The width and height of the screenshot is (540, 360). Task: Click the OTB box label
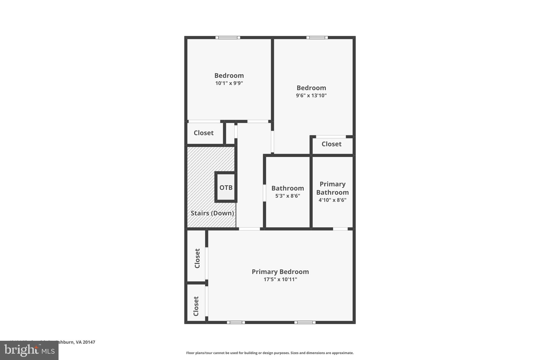point(226,188)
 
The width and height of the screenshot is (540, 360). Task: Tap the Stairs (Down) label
point(212,213)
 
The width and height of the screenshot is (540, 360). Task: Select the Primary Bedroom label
point(280,272)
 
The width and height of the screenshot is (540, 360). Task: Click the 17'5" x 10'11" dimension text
point(280,279)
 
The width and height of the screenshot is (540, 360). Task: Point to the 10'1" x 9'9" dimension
point(229,83)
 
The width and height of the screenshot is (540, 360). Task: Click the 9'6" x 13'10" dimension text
point(311,95)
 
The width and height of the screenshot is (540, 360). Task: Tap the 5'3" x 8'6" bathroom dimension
point(287,196)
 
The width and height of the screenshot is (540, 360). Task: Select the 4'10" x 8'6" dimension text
point(332,200)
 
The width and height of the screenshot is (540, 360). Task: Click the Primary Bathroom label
point(332,188)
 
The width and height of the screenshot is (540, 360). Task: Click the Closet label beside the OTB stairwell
point(204,133)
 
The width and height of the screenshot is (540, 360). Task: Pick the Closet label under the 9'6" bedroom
point(331,144)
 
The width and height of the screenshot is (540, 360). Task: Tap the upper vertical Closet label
point(197,258)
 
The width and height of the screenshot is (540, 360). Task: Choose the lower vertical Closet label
point(196,306)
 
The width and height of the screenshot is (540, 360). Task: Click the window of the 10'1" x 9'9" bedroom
point(228,37)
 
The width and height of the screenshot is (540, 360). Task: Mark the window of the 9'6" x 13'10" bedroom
point(317,37)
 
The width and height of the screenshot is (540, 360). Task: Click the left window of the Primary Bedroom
point(236,322)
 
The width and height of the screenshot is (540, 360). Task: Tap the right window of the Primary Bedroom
point(305,322)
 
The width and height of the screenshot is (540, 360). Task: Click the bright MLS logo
point(29,351)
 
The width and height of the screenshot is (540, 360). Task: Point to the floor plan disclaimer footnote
point(270,353)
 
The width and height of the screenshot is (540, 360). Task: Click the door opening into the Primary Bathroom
point(340,229)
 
